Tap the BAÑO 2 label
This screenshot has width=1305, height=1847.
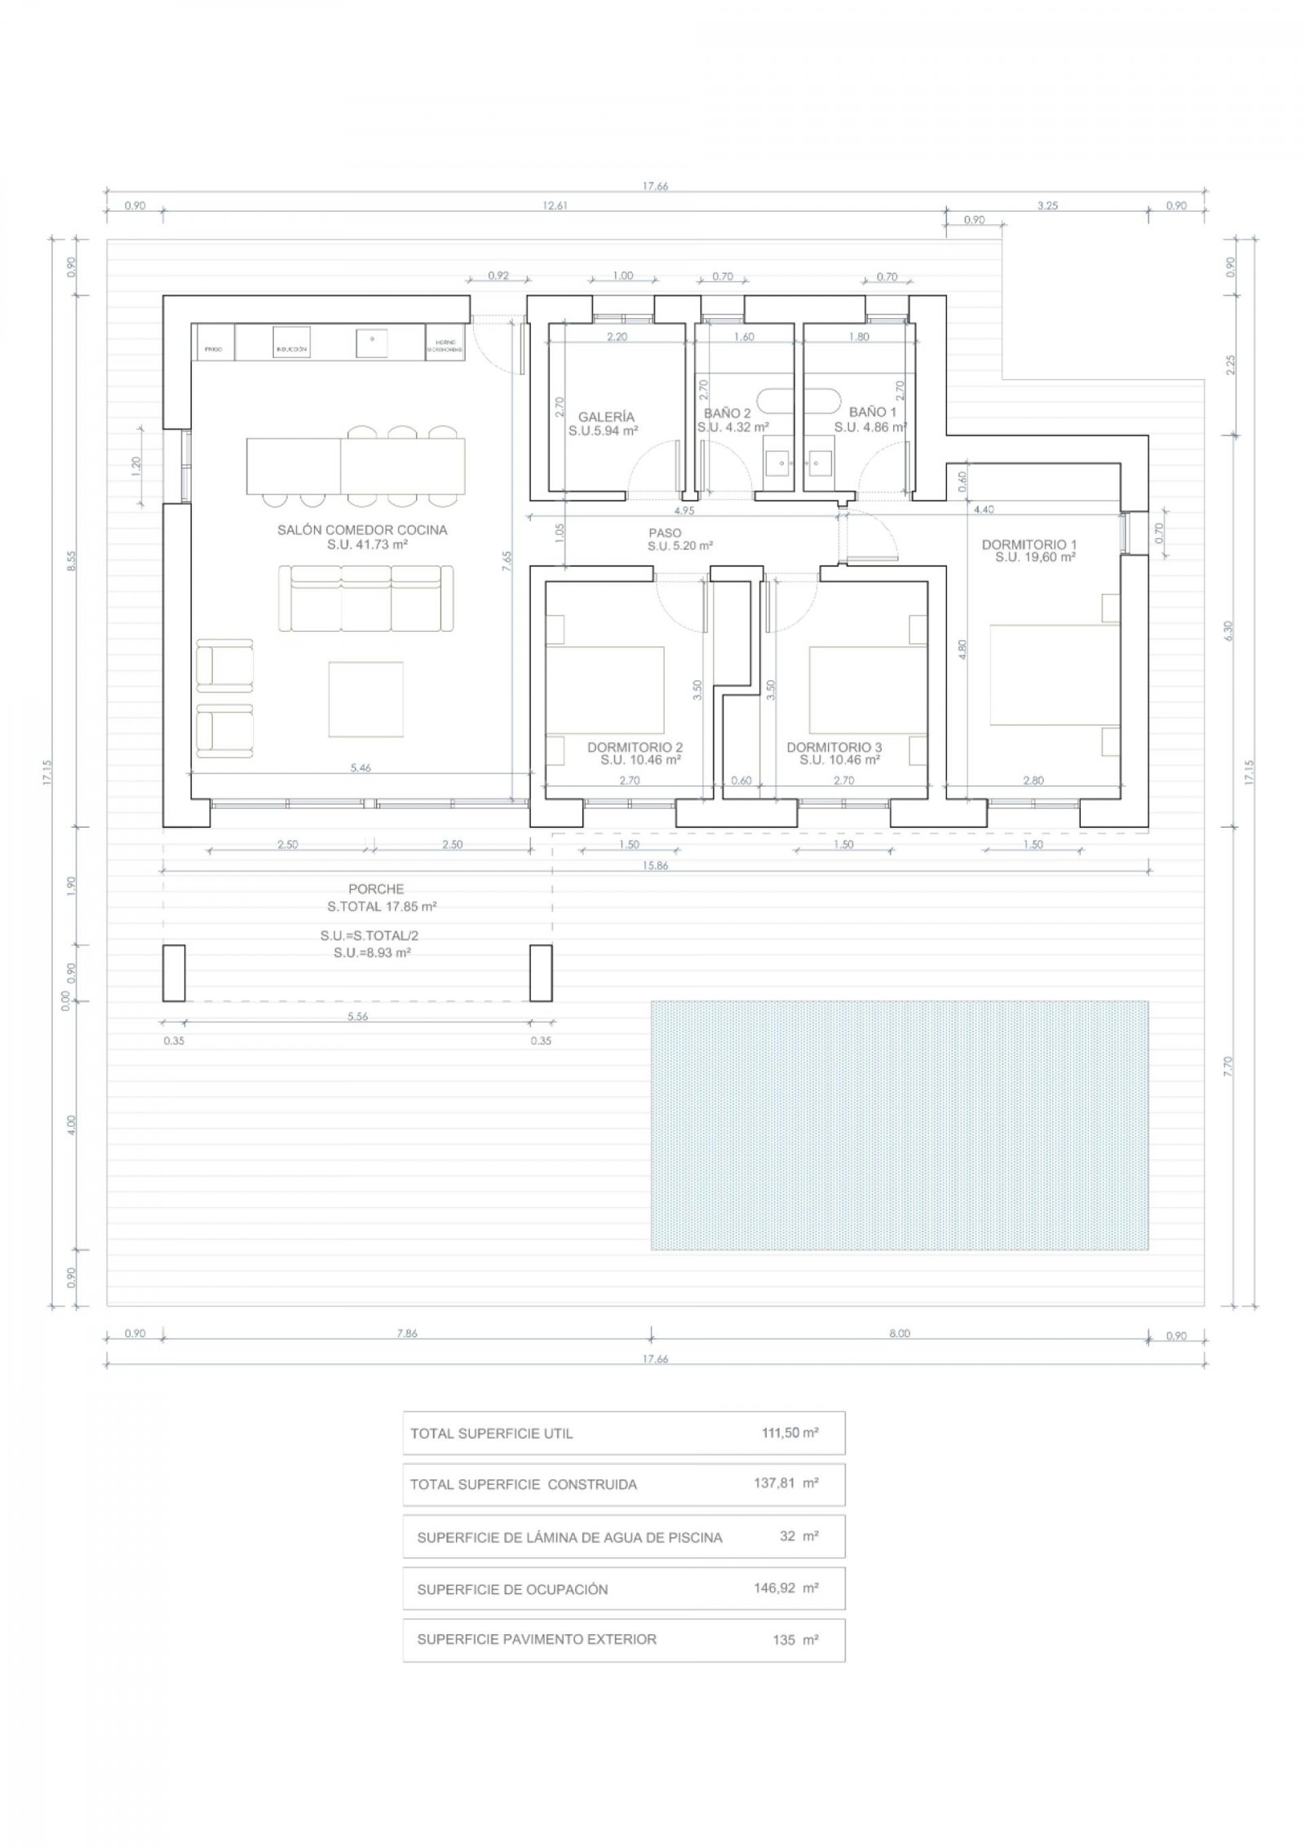coord(727,413)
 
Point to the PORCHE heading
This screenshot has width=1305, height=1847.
coord(376,889)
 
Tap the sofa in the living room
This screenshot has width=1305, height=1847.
coord(365,599)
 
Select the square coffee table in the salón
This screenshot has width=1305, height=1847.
coord(365,699)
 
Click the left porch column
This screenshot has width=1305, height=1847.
coord(174,973)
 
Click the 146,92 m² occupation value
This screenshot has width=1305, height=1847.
coord(785,1589)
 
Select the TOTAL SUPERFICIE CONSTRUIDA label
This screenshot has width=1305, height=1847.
coord(523,1485)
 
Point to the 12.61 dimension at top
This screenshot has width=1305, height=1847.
coord(554,206)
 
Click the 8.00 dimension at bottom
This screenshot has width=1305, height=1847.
coord(899,1334)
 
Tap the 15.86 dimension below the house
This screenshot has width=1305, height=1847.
coord(655,866)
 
